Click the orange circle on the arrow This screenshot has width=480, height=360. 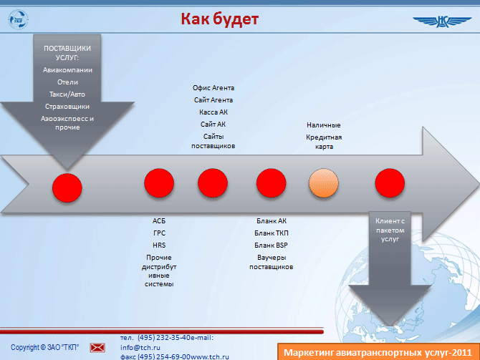[x=324, y=183]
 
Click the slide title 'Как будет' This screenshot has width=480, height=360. [x=219, y=19]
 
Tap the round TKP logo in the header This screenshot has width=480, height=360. [x=18, y=19]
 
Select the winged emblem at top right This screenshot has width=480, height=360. [x=442, y=21]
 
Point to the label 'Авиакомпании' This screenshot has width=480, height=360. [x=67, y=70]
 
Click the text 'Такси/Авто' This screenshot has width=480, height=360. [x=67, y=94]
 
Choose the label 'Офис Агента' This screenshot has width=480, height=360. [x=213, y=88]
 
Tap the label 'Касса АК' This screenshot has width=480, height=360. [x=213, y=112]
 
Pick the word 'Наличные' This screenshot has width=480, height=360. [x=324, y=125]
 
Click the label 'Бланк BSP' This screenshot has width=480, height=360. [x=271, y=245]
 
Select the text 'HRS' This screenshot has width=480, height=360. [x=159, y=245]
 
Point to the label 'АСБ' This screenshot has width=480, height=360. [x=159, y=221]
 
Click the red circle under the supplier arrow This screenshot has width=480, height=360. [x=67, y=188]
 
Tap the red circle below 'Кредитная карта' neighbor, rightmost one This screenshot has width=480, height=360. [x=390, y=183]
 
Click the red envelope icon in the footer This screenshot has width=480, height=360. [x=97, y=348]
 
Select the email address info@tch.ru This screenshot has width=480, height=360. [x=140, y=347]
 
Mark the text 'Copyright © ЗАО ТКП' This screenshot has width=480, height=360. [x=44, y=347]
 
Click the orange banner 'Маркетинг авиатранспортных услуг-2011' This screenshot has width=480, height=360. [x=378, y=351]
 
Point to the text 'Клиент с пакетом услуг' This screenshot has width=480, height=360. [x=390, y=230]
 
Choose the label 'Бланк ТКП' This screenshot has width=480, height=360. [x=272, y=233]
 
